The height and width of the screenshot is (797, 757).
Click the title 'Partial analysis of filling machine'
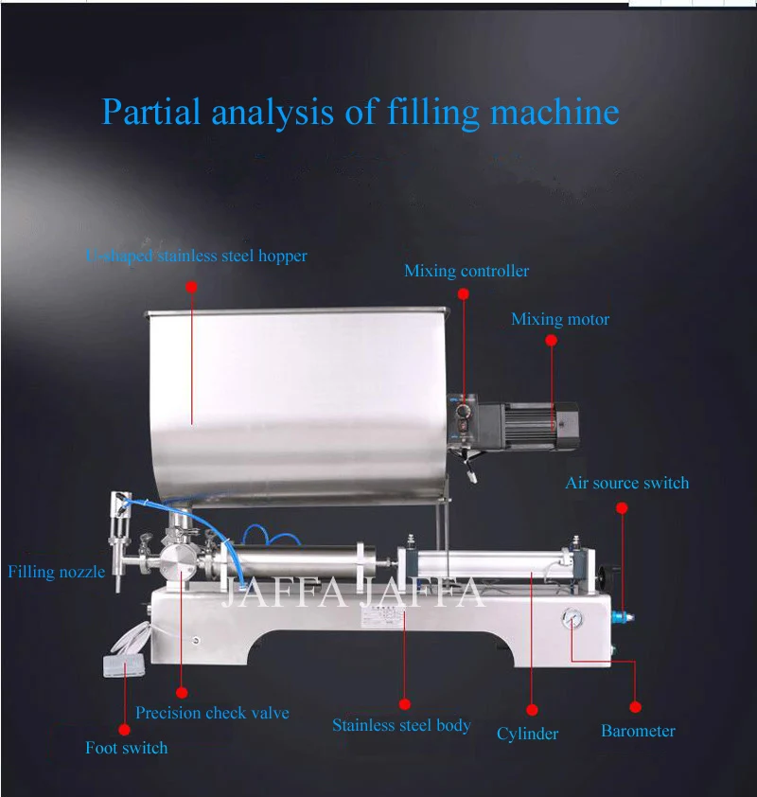pyautogui.click(x=360, y=113)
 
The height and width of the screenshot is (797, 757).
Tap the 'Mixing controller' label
pyautogui.click(x=467, y=272)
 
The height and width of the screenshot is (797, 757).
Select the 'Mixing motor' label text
pyautogui.click(x=560, y=320)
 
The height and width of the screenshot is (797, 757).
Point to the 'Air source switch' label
pyautogui.click(x=626, y=484)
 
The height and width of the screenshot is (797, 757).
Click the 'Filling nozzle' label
pyautogui.click(x=56, y=572)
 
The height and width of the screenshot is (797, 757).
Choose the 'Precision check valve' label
pyautogui.click(x=212, y=713)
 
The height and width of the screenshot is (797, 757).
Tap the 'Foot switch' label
pyautogui.click(x=126, y=748)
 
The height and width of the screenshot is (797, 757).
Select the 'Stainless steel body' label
pyautogui.click(x=401, y=726)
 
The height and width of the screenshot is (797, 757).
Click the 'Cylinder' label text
pyautogui.click(x=527, y=734)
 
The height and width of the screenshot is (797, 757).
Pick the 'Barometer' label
pyautogui.click(x=638, y=731)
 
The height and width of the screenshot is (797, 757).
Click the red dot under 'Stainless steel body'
pyautogui.click(x=405, y=703)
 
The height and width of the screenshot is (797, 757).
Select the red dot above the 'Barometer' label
pyautogui.click(x=635, y=707)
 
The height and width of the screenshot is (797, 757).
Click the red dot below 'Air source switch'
pyautogui.click(x=622, y=508)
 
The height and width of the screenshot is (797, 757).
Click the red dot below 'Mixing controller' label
pyautogui.click(x=464, y=293)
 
